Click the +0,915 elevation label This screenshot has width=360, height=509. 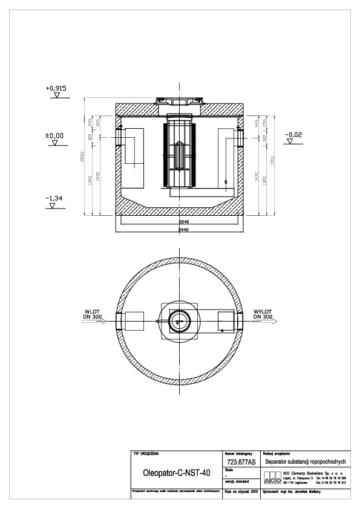coord(55,88)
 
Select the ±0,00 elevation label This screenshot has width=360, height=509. coord(54,136)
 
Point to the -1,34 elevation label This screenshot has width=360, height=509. coord(54,198)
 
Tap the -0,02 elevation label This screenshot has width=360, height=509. coord(295,134)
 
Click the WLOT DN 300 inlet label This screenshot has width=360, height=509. coord(94,314)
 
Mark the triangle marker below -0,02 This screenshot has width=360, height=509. coord(291,142)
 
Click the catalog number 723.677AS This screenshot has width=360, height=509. coord(240,461)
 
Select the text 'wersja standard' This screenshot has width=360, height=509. coord(235,482)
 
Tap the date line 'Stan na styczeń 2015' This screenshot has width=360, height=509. coord(241,492)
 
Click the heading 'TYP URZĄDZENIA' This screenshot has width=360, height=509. coord(146,452)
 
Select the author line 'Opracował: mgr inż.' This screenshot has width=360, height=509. coord(292,492)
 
